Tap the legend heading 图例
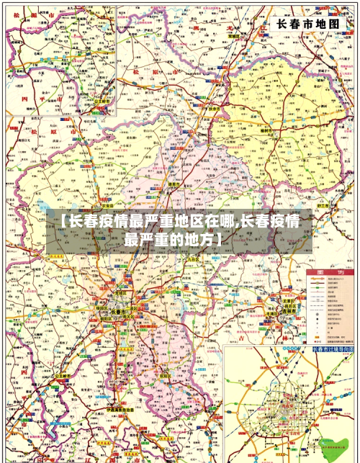point(327,274)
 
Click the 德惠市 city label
point(174,185)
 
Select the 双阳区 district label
point(165,375)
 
